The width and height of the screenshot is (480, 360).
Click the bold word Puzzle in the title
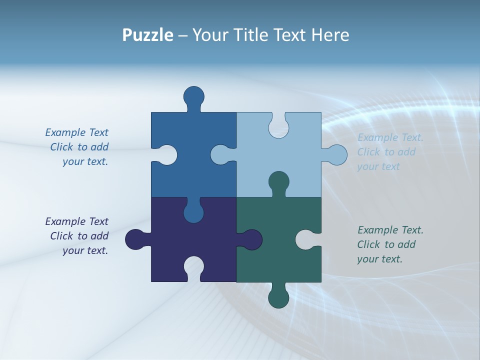[x=147, y=35]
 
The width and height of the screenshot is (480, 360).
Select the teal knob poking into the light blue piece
[x=278, y=182]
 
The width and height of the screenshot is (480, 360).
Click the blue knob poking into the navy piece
[x=194, y=211]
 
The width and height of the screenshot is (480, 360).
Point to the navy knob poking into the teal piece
[x=250, y=239]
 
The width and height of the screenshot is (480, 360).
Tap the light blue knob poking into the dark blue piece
[x=221, y=155]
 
